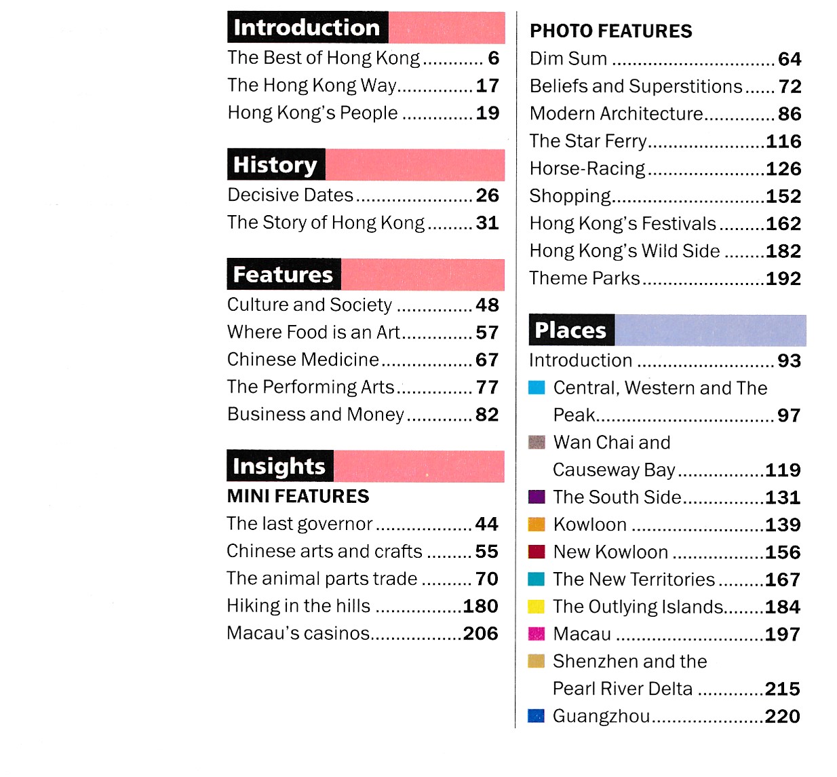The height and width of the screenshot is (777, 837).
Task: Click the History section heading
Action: (x=275, y=165)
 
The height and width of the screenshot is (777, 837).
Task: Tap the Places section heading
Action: (x=570, y=330)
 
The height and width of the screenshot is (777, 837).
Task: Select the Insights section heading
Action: (x=279, y=466)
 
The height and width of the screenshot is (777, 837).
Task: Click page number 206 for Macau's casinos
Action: (x=480, y=634)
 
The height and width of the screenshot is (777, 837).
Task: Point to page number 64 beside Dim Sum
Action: (x=790, y=60)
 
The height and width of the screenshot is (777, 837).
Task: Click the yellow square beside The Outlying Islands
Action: (x=536, y=607)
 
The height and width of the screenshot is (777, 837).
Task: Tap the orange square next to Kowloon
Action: (x=536, y=525)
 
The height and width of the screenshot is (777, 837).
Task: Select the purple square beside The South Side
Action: (x=536, y=497)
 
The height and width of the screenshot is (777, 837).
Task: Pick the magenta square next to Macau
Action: (x=536, y=634)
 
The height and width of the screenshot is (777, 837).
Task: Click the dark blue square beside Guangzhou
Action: (x=536, y=716)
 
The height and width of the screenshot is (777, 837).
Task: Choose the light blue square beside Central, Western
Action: (x=536, y=387)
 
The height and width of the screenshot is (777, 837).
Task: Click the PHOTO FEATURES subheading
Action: (x=610, y=31)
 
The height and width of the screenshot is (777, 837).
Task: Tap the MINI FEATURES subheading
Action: (x=298, y=497)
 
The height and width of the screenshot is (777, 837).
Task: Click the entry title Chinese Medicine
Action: (x=303, y=360)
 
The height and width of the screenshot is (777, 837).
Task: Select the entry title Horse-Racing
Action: (x=587, y=168)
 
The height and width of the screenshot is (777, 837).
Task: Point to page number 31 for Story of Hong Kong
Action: (x=487, y=223)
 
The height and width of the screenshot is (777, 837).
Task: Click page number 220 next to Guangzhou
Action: (x=782, y=717)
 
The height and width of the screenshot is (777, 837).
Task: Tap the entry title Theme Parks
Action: (x=585, y=278)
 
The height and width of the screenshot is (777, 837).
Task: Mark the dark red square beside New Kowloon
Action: (x=536, y=552)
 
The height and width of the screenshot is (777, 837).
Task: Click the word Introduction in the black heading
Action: (x=307, y=28)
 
